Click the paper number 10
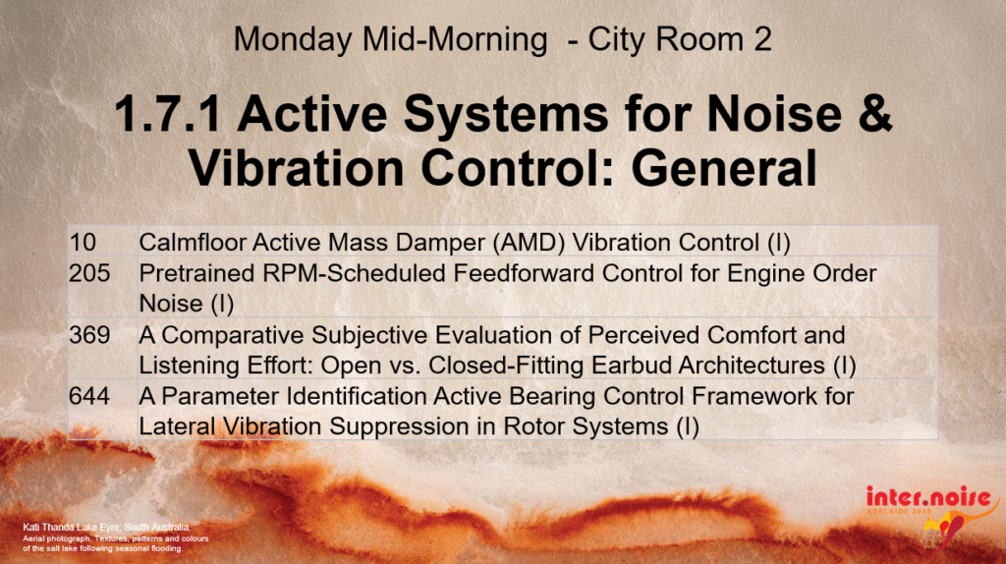tap(83, 243)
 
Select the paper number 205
tap(89, 273)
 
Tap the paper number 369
tap(89, 335)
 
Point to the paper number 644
tap(89, 396)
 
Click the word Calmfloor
tap(192, 243)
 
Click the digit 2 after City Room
tap(762, 39)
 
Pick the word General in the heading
tap(724, 167)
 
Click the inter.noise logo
tap(931, 512)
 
